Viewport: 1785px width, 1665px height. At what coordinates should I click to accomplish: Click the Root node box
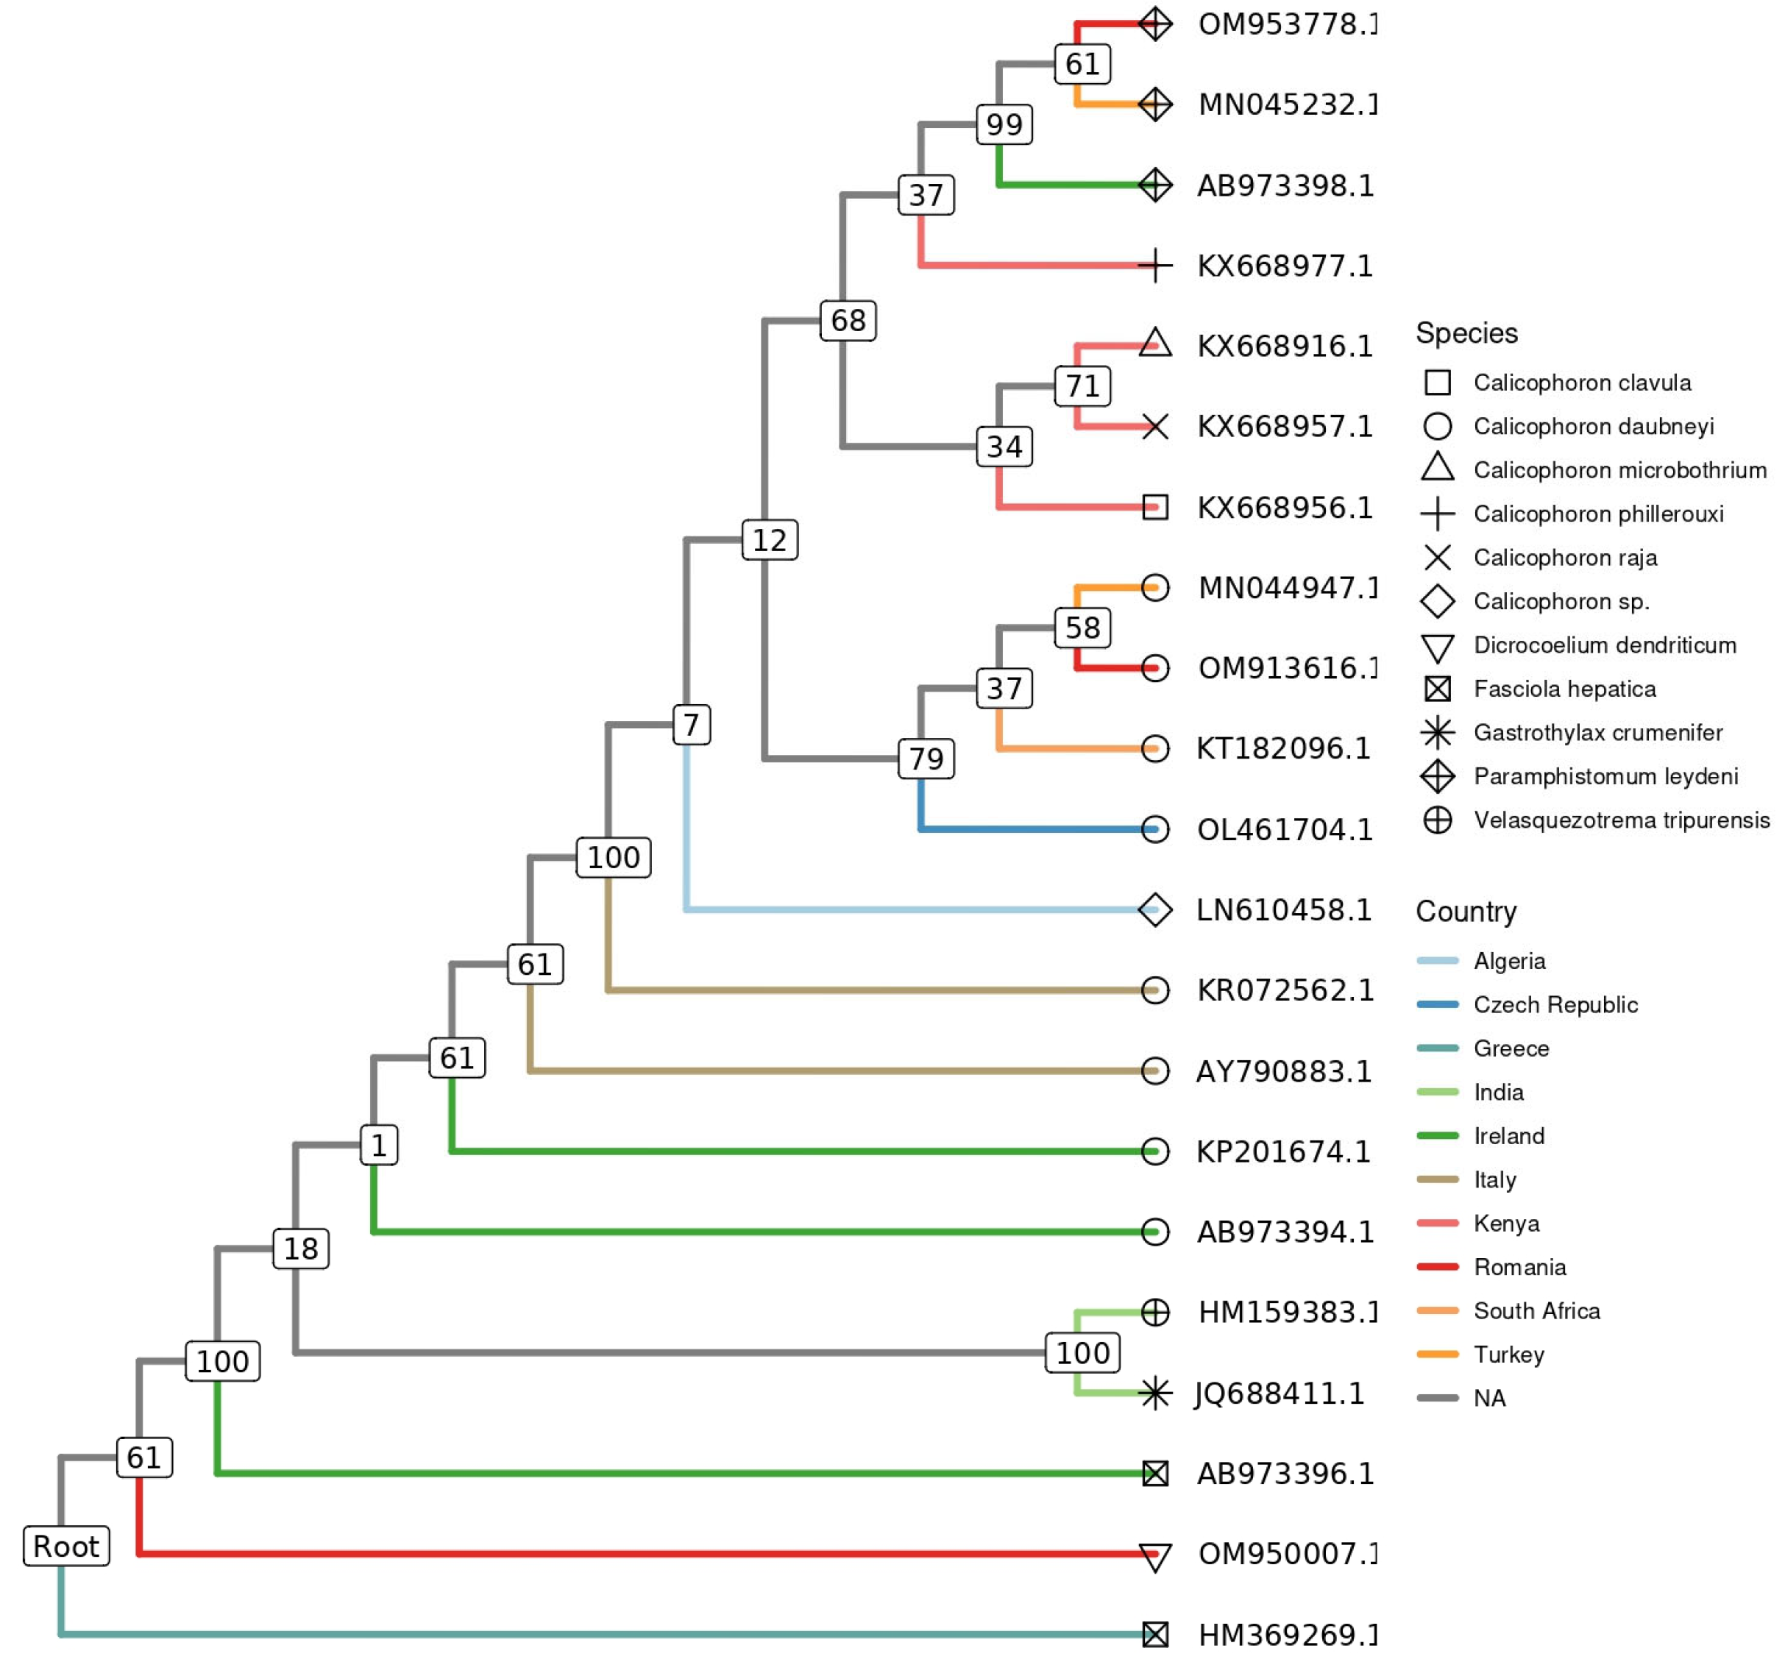[65, 1546]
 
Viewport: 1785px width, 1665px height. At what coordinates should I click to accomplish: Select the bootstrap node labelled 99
[1004, 124]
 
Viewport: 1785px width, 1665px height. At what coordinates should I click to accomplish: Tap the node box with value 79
[926, 759]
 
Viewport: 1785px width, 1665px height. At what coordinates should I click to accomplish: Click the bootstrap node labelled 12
[770, 540]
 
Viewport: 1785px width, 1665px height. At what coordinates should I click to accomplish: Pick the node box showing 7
[692, 724]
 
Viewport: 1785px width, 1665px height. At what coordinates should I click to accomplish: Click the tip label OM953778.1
[1286, 24]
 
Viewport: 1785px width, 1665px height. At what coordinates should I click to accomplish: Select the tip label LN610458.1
[1284, 909]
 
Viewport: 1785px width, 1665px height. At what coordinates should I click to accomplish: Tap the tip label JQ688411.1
[1280, 1393]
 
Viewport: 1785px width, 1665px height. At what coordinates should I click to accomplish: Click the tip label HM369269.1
[1286, 1634]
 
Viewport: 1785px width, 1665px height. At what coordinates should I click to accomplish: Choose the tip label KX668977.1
[1285, 266]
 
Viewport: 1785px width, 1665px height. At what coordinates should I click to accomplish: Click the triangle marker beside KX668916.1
[1154, 344]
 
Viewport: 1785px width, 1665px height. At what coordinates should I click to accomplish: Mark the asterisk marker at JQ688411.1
[1154, 1393]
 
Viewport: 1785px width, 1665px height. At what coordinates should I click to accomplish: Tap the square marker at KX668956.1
[1154, 508]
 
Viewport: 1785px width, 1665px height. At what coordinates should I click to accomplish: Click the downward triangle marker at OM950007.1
[1154, 1556]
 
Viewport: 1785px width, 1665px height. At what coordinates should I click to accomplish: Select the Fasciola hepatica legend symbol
[1438, 689]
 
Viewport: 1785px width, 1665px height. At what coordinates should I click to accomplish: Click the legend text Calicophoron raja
[1565, 558]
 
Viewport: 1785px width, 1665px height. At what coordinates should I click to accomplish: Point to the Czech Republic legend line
[1438, 1004]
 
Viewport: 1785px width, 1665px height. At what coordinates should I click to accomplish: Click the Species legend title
[1466, 333]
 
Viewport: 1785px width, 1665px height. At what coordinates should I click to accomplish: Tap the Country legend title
[1466, 912]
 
